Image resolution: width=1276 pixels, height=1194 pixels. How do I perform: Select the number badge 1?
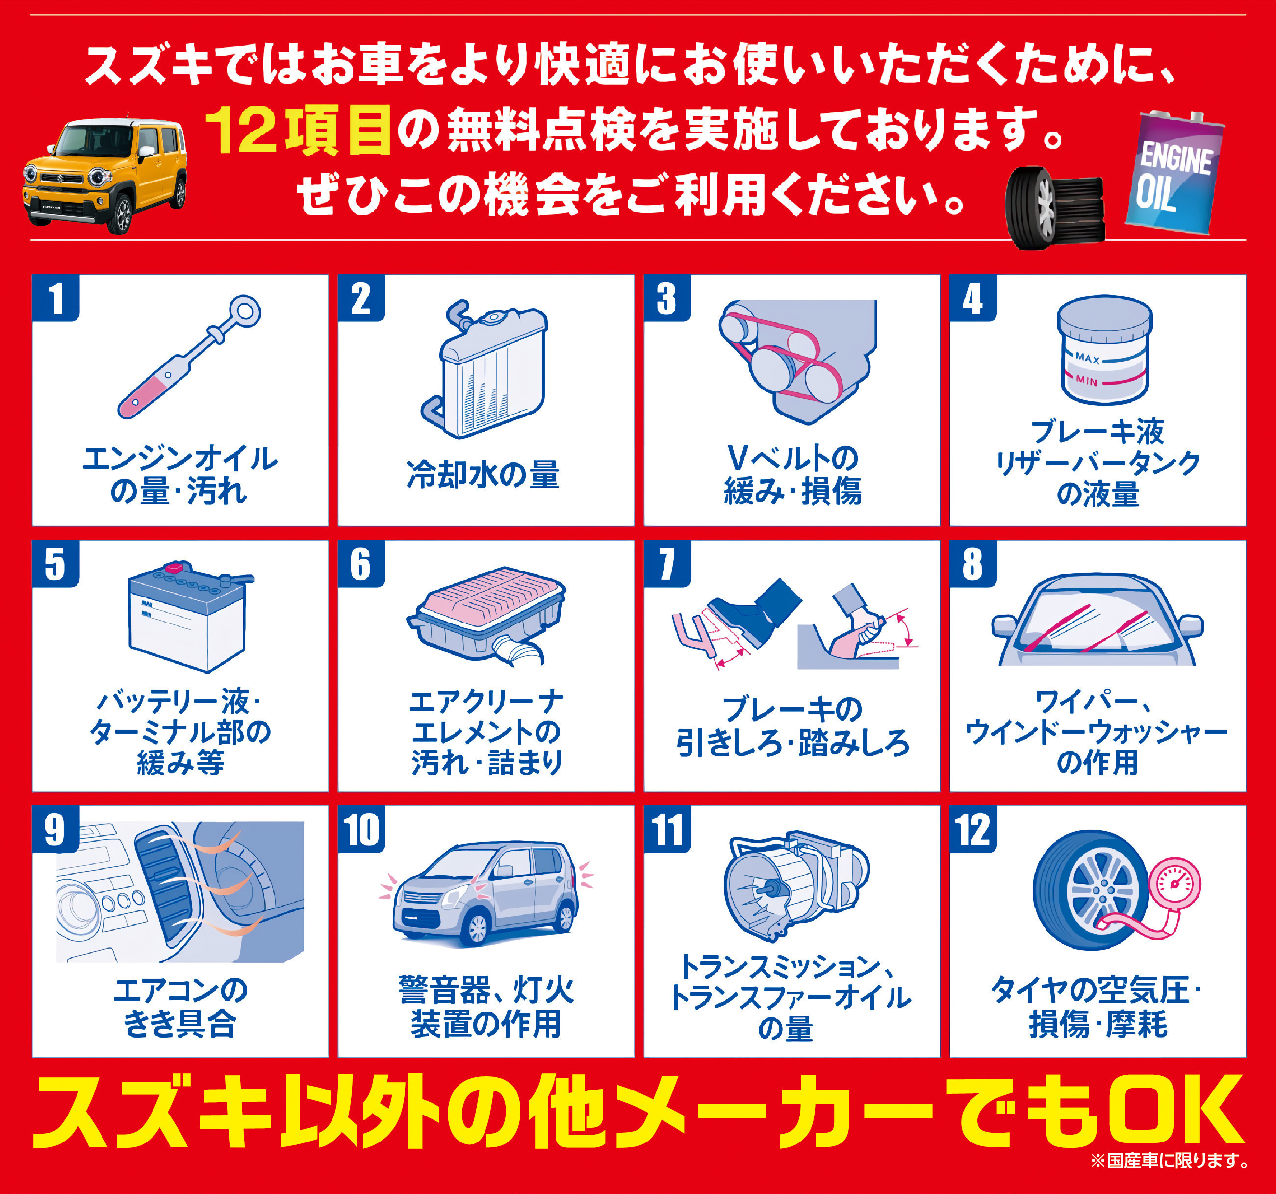tap(56, 298)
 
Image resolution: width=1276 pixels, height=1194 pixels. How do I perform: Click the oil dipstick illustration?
tap(189, 357)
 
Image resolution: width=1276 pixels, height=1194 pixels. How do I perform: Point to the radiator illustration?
tap(485, 368)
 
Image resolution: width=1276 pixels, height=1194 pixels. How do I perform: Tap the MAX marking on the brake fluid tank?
tap(1087, 358)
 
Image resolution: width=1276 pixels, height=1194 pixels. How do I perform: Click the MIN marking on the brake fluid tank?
tap(1087, 381)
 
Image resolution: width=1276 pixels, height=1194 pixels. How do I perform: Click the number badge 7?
tap(667, 564)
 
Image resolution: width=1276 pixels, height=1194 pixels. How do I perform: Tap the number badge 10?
tap(361, 830)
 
